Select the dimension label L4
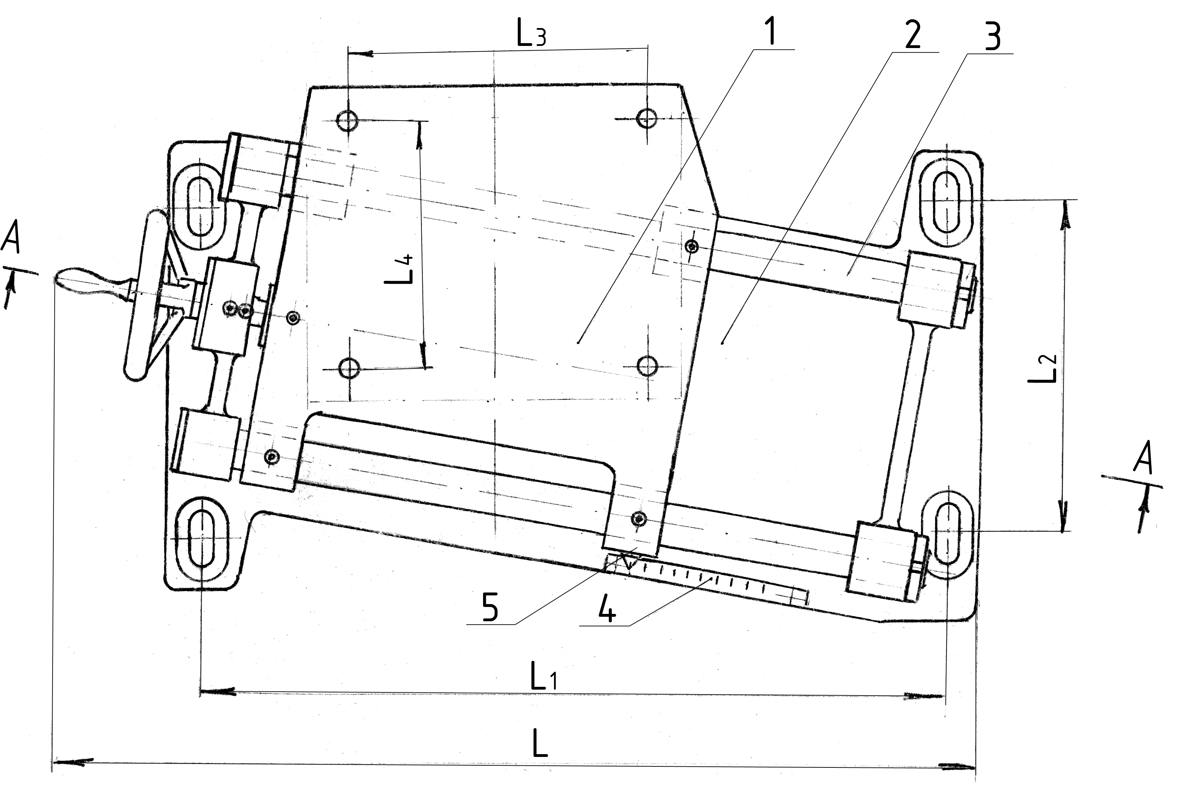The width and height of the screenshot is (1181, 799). click(x=405, y=269)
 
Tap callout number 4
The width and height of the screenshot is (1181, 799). click(x=607, y=609)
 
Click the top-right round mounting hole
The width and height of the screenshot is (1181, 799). click(x=646, y=119)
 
